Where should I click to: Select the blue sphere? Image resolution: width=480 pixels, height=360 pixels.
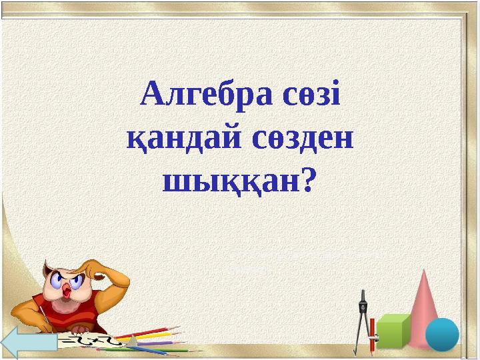point(441,334)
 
